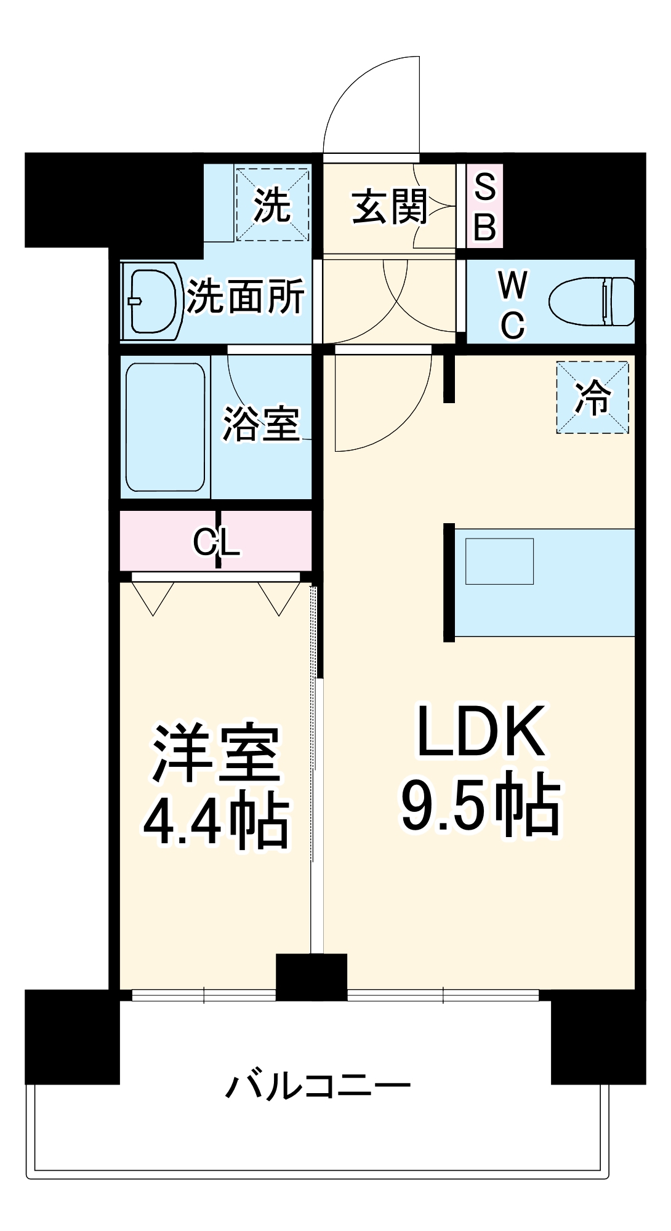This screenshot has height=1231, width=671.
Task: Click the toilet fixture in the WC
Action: [x=592, y=302]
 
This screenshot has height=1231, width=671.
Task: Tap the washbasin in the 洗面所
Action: [x=152, y=301]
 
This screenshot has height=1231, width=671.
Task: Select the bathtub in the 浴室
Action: [x=165, y=427]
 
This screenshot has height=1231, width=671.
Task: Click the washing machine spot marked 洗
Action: [x=271, y=204]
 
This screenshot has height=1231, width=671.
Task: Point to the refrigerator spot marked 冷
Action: [x=592, y=397]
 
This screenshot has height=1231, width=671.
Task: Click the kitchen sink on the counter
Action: [x=499, y=561]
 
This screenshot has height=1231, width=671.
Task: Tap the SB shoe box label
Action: [x=485, y=207]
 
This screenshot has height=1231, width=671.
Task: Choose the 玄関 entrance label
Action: [x=390, y=206]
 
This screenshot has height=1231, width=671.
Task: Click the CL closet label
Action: [x=216, y=542]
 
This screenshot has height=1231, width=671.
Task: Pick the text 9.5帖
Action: [x=481, y=804]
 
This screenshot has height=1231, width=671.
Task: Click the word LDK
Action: [x=481, y=731]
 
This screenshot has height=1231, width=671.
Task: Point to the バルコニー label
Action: [x=317, y=1086]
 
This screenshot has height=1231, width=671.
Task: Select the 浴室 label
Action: [x=261, y=424]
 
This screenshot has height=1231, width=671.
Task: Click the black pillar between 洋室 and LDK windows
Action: [x=311, y=977]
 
